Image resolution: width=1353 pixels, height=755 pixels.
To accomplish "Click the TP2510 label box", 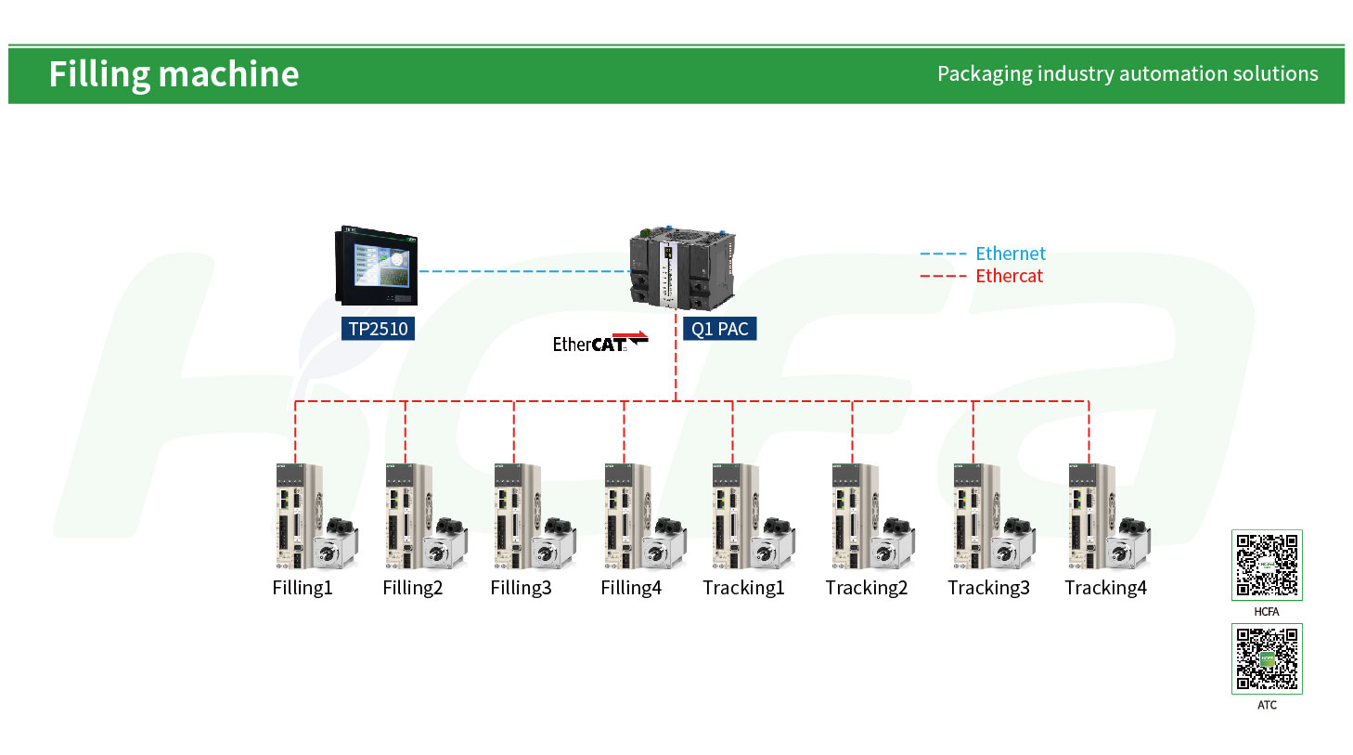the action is pos(378,328).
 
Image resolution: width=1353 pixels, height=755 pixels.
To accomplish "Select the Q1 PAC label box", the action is pos(719,328).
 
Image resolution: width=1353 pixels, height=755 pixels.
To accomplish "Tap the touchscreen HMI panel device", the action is pos(377,266).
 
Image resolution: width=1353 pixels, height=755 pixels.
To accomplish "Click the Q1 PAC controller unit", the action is pos(682,268).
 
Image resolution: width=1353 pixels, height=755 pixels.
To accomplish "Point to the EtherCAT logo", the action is pos(600,342).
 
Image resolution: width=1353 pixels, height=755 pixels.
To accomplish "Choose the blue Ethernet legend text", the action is pos(1011,254).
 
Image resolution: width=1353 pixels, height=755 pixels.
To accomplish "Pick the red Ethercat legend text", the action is pos(1010,276).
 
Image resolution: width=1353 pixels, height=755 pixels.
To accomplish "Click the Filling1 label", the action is pos(303,588).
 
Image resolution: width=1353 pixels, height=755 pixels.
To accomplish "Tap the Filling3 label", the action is pos(521,588).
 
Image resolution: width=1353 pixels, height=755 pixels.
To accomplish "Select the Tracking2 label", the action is pos(866,588).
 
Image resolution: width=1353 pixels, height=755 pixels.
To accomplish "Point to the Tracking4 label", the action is pos(1105,588).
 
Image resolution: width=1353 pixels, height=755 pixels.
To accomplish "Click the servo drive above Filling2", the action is pos(407,515).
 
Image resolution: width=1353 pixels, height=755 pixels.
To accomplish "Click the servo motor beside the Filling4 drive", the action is pos(664,543).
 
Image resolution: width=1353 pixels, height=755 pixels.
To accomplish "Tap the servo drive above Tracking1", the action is pos(734,515).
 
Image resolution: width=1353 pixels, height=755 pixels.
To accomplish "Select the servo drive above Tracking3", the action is pos(975,515).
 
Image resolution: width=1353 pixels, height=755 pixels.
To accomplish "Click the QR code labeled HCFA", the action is pos(1267,566).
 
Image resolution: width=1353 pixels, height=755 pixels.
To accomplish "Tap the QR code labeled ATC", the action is pos(1267,659).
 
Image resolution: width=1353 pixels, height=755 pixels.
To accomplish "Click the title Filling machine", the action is pos(174,74).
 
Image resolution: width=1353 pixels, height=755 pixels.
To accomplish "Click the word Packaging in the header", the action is pos(985,73).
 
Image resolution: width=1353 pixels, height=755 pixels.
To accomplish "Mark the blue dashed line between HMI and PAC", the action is pos(524,271).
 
